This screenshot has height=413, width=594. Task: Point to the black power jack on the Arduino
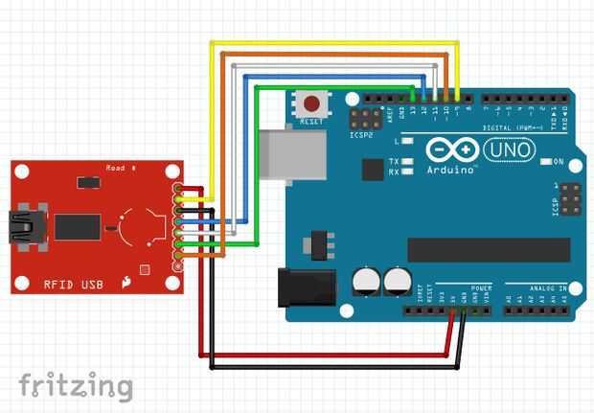point(306,288)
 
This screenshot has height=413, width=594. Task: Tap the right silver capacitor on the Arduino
point(398,281)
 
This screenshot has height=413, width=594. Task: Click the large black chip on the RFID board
point(77,227)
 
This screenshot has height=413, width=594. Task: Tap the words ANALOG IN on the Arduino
point(537,287)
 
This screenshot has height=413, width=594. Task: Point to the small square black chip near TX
point(372,170)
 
